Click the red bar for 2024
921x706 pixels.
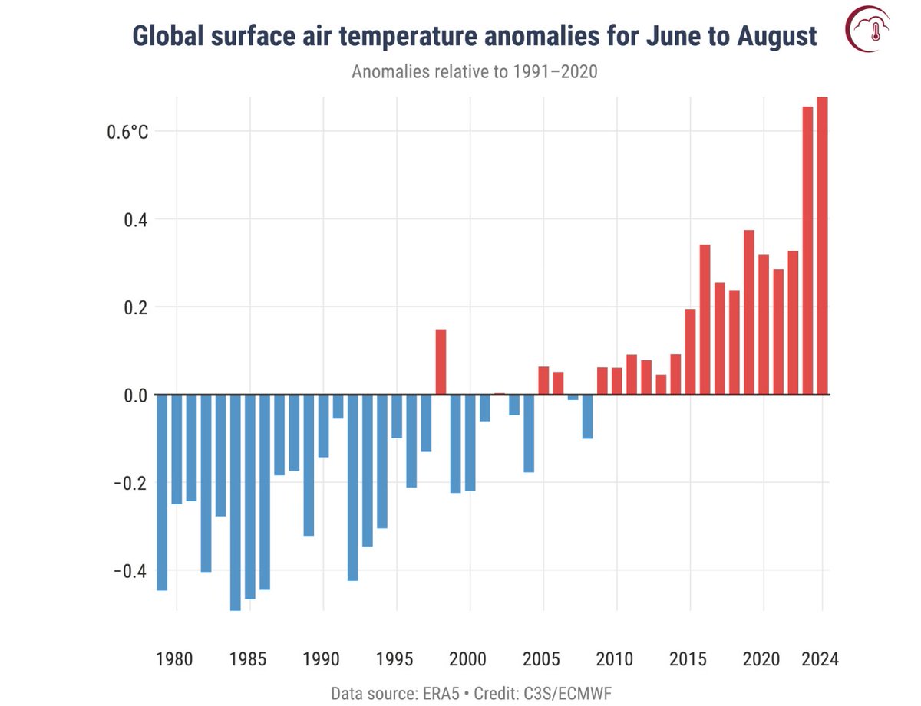pos(822,245)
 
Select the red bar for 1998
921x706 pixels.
pos(441,362)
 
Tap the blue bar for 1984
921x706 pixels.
pos(235,502)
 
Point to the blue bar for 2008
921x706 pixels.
pos(587,416)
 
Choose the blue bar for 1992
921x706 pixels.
pos(352,488)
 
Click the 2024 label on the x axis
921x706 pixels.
pos(820,659)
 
